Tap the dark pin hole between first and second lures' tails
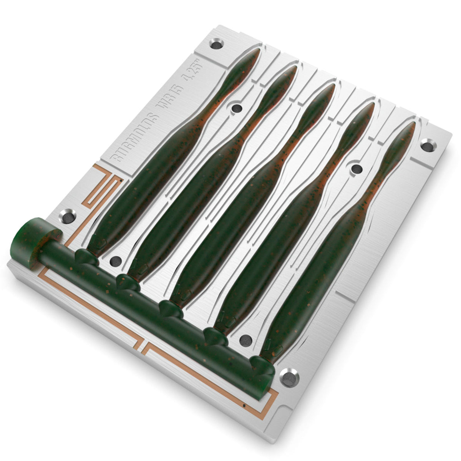click(235, 109)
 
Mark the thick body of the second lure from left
click(181, 200)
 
